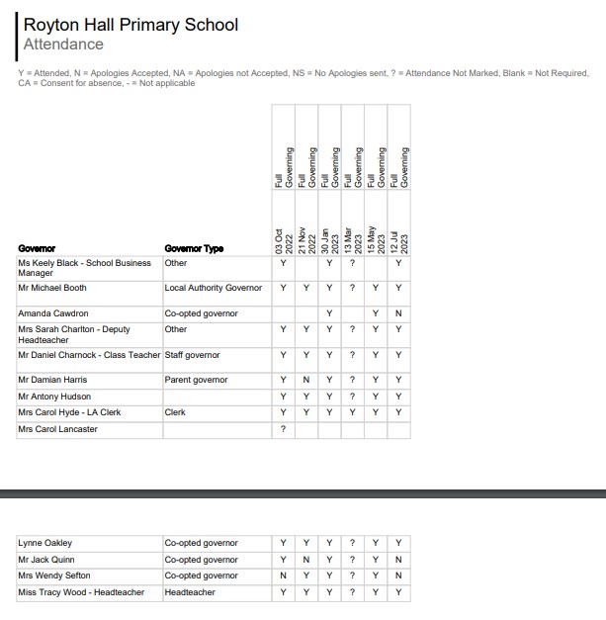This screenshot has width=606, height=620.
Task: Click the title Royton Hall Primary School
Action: tap(130, 25)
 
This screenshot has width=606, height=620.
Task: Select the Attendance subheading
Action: tap(63, 44)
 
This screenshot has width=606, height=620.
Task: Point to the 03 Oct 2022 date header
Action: tap(283, 238)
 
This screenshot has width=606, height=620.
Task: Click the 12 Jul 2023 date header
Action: tap(398, 238)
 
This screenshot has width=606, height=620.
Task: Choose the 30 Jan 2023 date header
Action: tap(329, 238)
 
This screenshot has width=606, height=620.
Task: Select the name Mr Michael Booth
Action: tap(52, 288)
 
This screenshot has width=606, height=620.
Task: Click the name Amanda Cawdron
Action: tap(53, 313)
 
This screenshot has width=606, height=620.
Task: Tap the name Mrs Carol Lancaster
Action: tap(57, 429)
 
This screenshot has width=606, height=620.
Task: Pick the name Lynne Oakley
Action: tap(45, 543)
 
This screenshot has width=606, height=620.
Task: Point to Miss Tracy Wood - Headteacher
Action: tap(81, 592)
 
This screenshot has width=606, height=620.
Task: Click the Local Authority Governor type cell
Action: tap(214, 288)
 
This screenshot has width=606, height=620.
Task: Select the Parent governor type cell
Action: tap(196, 380)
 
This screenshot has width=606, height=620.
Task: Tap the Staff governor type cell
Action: tap(192, 355)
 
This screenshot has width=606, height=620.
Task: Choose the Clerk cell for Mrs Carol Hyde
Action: tap(175, 412)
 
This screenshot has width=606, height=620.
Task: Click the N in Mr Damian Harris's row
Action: tap(306, 380)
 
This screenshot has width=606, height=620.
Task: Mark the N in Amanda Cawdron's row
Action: tap(398, 313)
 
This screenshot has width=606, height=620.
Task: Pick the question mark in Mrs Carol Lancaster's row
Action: tap(284, 429)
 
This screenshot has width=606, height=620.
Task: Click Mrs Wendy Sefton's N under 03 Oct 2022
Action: tap(284, 576)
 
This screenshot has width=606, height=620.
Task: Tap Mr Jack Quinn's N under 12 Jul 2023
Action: tap(398, 560)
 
